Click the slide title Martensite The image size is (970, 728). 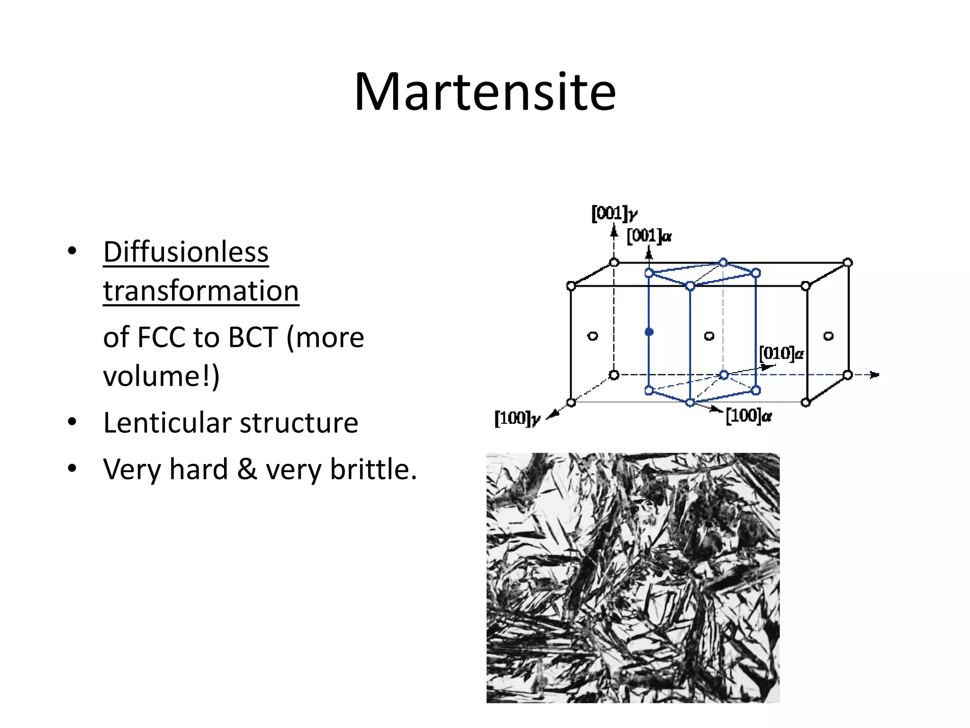pyautogui.click(x=485, y=92)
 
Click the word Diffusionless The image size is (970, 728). pyautogui.click(x=186, y=252)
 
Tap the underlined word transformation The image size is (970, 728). pyautogui.click(x=201, y=291)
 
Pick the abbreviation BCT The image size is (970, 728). pyautogui.click(x=252, y=337)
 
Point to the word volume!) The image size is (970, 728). pyautogui.click(x=161, y=376)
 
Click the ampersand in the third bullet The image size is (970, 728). pyautogui.click(x=247, y=470)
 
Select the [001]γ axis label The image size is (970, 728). pyautogui.click(x=614, y=214)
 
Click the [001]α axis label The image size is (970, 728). pyautogui.click(x=648, y=236)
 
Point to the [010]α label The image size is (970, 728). pyautogui.click(x=781, y=354)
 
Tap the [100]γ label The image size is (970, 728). pyautogui.click(x=517, y=419)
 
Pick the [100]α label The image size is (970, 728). pyautogui.click(x=748, y=416)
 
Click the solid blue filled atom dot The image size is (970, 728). pyautogui.click(x=649, y=332)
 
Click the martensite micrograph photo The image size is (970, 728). pyautogui.click(x=633, y=577)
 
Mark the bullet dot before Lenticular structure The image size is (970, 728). pyautogui.click(x=72, y=421)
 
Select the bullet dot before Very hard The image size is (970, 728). pyautogui.click(x=72, y=468)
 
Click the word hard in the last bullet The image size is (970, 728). pyautogui.click(x=199, y=470)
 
